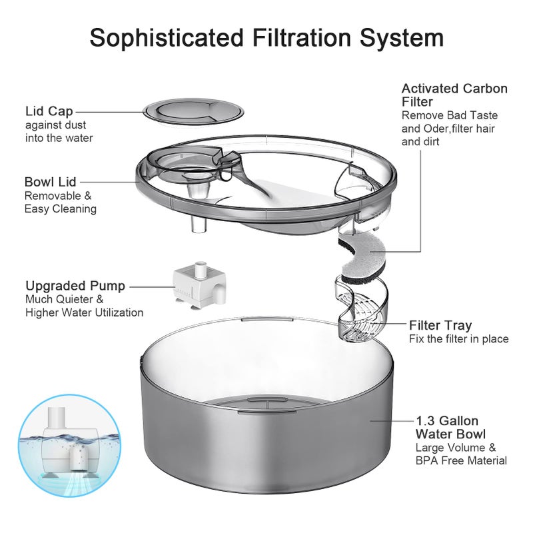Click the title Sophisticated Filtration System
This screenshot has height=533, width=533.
266,37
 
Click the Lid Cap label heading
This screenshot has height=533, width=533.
49,111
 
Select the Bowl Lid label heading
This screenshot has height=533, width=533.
51,182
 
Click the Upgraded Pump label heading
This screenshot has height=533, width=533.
75,286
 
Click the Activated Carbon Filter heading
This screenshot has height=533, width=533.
454,95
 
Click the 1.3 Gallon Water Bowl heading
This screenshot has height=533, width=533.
448,428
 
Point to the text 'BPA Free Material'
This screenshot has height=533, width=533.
461,460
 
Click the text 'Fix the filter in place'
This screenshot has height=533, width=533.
458,339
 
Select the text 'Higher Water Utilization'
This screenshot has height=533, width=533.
84,312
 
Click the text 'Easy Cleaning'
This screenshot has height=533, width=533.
61,209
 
